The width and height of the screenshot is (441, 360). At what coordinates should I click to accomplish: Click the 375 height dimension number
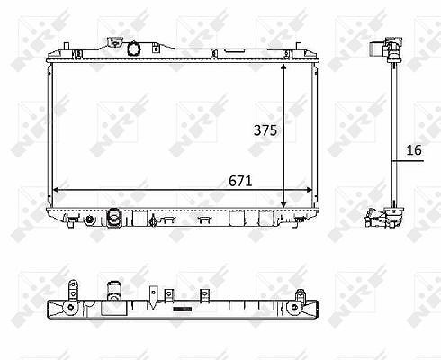[265, 130]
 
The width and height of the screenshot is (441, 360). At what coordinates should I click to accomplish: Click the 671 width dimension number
[240, 181]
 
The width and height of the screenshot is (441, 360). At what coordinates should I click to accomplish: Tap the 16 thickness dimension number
[414, 150]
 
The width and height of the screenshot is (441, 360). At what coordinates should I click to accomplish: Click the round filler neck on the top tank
[133, 49]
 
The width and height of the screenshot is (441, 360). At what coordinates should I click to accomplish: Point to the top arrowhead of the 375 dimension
[283, 67]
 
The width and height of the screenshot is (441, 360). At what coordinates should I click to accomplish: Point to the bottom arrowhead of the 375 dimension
[283, 204]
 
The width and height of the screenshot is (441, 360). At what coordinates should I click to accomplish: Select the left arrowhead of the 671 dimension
[57, 190]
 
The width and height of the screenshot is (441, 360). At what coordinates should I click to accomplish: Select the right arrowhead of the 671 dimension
[308, 190]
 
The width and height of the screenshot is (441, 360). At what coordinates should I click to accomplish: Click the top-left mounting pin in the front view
[67, 47]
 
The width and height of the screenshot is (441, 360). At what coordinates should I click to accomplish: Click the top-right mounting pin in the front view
[298, 47]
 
